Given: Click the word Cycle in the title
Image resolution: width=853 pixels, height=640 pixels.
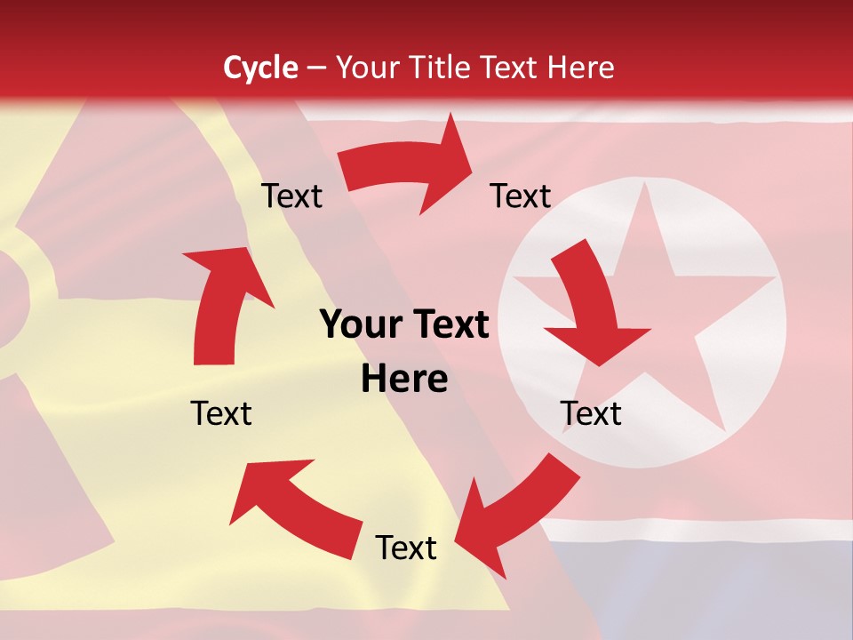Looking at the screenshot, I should pos(260,68).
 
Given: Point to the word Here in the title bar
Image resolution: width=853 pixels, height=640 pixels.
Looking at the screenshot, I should pos(582,68).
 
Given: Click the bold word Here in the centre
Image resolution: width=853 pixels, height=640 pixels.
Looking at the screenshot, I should pos(404,380).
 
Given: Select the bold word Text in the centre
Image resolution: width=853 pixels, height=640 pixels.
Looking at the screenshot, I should pos(448,325).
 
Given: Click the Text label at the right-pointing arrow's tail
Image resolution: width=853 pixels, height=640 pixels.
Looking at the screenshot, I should pos(291,196).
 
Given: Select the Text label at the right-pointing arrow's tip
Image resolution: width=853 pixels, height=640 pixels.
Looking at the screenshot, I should pos(521,196).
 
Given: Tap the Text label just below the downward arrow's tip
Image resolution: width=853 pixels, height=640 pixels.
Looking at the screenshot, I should pos(591,413).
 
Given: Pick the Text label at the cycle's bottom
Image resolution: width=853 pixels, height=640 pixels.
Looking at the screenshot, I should pos(406,548).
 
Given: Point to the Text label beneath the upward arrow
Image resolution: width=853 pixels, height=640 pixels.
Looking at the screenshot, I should pos(221,413).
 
